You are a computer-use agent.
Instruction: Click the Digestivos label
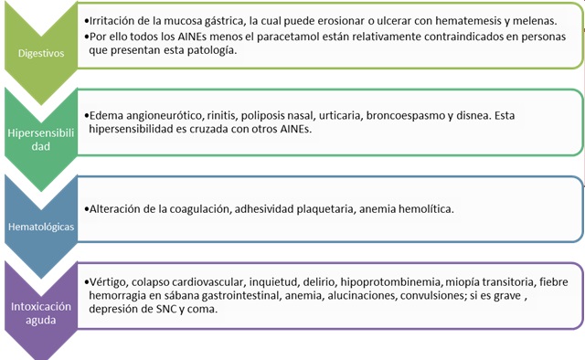(41, 52)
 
